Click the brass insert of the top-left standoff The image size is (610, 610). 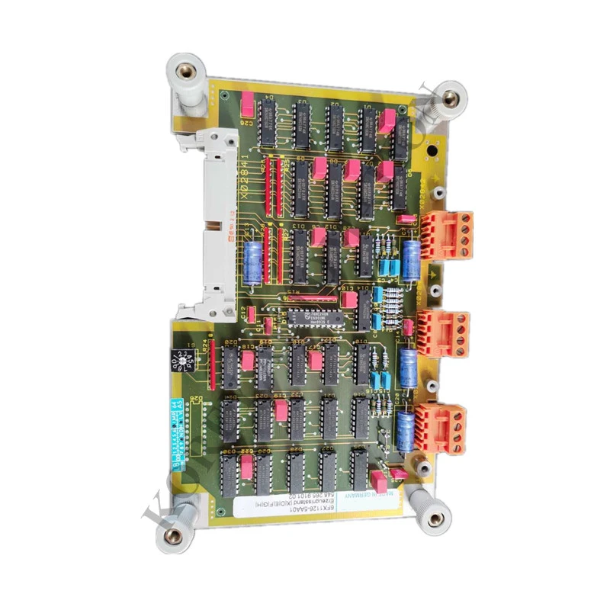pyautogui.click(x=183, y=72)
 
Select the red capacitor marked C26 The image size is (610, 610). pyautogui.click(x=247, y=103)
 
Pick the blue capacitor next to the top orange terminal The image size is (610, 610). pyautogui.click(x=413, y=259)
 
